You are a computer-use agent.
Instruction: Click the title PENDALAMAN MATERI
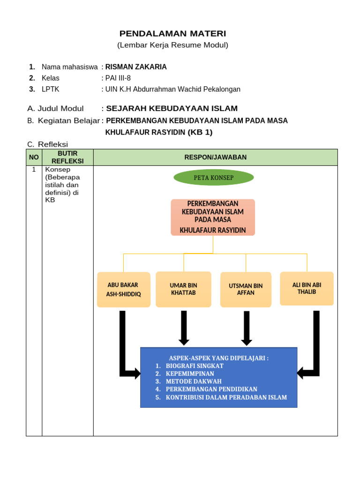[x=172, y=33]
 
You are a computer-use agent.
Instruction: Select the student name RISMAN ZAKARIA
[x=136, y=67]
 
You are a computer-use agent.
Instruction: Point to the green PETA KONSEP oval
[x=214, y=178]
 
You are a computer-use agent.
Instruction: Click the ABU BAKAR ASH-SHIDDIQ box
[x=124, y=290]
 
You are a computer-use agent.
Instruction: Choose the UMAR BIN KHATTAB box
[x=183, y=289]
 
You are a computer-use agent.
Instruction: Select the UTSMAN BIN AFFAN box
[x=246, y=290]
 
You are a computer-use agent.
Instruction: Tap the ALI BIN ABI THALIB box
[x=307, y=288]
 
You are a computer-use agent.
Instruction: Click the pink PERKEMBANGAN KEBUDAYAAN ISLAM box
[x=213, y=217]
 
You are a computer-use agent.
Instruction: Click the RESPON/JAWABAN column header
[x=215, y=157]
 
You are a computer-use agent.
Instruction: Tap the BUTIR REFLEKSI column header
[x=67, y=157]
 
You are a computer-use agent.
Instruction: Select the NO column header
[x=34, y=157]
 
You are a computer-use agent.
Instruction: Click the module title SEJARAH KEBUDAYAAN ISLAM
[x=172, y=109]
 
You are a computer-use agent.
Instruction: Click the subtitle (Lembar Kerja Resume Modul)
[x=172, y=45]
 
